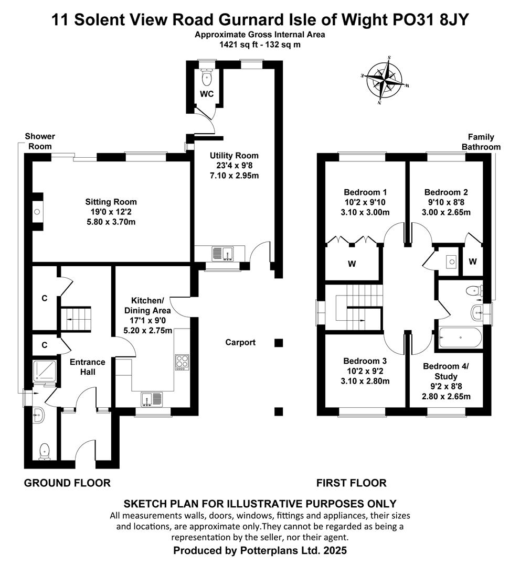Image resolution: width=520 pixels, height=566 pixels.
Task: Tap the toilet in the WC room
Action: tap(207, 77)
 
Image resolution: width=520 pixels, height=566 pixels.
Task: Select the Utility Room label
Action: tap(234, 156)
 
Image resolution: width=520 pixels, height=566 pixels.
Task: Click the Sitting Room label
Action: tap(111, 202)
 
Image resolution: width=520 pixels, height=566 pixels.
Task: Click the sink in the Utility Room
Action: tap(223, 254)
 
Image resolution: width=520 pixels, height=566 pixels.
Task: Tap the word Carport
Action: tap(240, 342)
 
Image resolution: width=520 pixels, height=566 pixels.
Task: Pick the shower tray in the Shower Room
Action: tap(45, 371)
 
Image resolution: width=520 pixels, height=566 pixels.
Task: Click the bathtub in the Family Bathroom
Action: tap(460, 338)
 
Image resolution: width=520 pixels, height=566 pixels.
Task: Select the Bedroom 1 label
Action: tap(365, 192)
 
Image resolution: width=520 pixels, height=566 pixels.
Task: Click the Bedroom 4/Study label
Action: tap(446, 371)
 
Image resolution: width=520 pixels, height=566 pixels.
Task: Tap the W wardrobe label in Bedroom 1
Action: tap(352, 264)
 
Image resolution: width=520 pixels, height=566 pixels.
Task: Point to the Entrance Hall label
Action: tap(88, 367)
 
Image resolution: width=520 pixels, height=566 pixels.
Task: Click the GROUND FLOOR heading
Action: tap(67, 483)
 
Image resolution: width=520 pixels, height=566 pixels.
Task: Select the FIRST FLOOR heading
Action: tap(351, 483)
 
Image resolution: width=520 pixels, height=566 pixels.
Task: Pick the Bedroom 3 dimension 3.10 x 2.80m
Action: tap(365, 381)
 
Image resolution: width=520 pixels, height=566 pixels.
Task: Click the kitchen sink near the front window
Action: tap(153, 399)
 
